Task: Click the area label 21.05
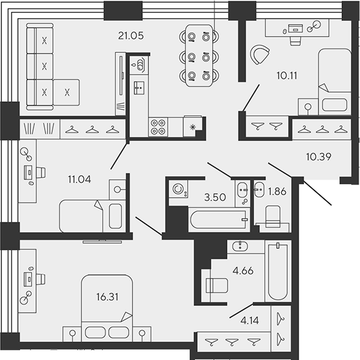(131, 36)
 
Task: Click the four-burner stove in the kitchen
(158, 127)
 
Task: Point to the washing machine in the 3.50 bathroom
(178, 189)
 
